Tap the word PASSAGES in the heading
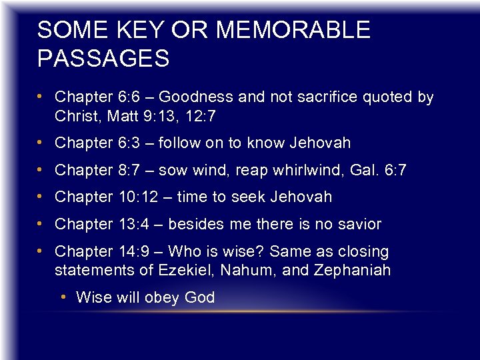point(103,59)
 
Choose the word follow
point(199,143)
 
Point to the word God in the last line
point(199,297)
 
